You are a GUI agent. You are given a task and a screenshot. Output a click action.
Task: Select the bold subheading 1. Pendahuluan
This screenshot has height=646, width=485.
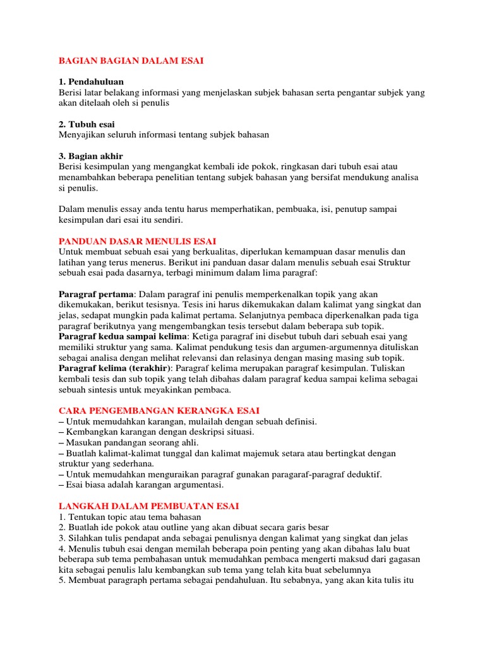click(91, 82)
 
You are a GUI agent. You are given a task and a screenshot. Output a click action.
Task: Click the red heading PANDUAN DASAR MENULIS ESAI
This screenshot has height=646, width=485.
click(137, 241)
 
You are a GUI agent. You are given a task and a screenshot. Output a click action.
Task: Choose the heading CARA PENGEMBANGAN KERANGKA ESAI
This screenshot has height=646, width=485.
click(159, 410)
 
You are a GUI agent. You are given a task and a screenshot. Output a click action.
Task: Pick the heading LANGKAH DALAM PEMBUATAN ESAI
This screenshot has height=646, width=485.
click(148, 506)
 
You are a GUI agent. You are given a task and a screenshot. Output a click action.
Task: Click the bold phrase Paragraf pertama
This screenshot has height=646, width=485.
click(96, 294)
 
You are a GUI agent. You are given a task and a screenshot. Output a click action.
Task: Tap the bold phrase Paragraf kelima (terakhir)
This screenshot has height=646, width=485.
click(116, 368)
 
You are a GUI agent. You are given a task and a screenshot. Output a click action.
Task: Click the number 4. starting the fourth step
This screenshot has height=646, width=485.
click(63, 549)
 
